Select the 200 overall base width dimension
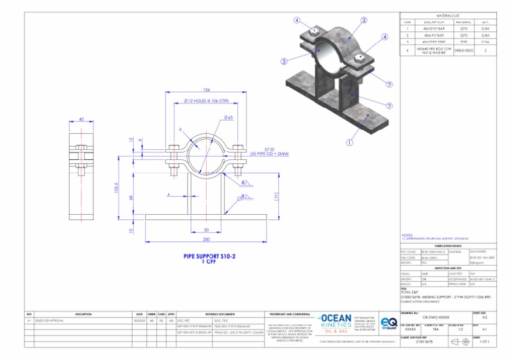[x=206, y=239]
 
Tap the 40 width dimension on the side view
[x=80, y=120]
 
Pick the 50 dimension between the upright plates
[x=206, y=230]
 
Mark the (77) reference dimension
[x=276, y=196]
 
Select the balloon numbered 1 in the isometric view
[x=349, y=142]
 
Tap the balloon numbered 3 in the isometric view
[x=283, y=62]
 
